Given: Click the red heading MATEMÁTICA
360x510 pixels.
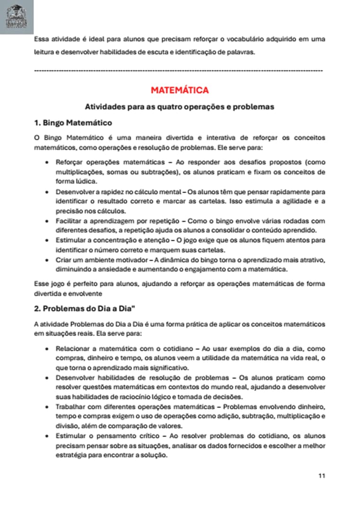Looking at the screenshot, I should pos(180,90).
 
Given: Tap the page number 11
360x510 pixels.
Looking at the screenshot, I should pos(321,476).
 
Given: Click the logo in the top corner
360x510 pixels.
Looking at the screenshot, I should pos(17,17).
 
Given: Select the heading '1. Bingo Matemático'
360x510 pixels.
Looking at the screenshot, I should pos(73,123).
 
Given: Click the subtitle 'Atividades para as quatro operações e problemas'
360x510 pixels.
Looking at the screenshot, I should pos(179,107).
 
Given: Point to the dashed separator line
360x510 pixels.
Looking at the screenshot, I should pos(178,70).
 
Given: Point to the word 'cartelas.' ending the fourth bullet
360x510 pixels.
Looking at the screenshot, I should pos(212,250).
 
